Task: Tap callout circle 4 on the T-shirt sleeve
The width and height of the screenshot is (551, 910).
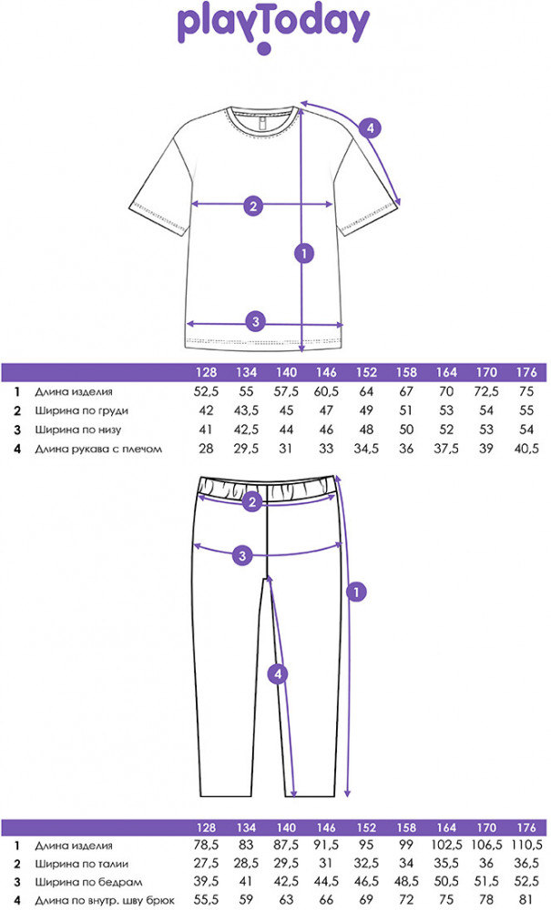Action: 368,128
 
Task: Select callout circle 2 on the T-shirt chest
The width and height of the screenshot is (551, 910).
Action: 254,206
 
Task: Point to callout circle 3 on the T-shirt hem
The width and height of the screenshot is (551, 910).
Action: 256,320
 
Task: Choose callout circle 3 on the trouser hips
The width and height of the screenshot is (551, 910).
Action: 241,555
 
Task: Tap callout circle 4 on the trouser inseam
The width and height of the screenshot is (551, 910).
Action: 281,674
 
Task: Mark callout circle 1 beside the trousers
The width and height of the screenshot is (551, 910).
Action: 358,591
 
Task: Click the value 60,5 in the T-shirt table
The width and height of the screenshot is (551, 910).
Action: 325,392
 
